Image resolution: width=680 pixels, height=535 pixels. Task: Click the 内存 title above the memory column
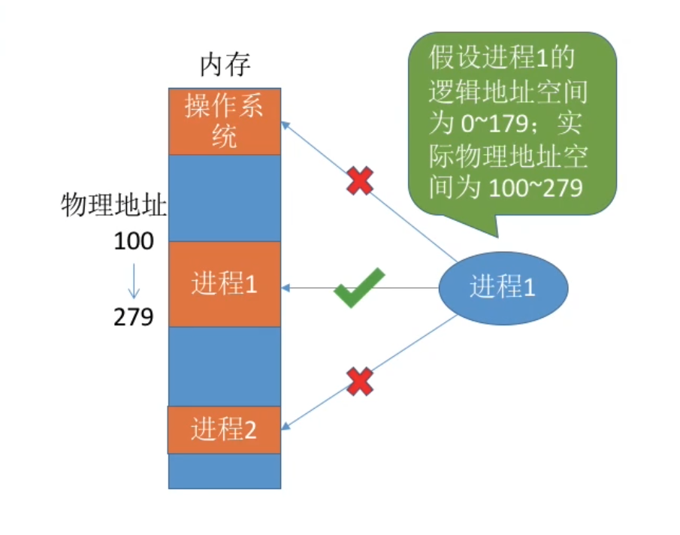(224, 66)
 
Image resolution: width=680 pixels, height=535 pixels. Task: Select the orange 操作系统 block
(224, 122)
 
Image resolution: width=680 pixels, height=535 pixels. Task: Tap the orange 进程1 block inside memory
(224, 284)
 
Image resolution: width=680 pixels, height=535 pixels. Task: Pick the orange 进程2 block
(224, 430)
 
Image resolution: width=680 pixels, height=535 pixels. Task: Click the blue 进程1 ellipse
(503, 287)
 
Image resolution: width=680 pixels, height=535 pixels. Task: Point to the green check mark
(358, 287)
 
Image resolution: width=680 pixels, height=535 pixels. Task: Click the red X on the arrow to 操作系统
(360, 181)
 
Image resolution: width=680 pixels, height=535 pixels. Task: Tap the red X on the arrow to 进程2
(360, 382)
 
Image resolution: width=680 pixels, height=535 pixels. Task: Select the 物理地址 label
(114, 206)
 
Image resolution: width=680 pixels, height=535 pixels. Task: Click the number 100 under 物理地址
(134, 242)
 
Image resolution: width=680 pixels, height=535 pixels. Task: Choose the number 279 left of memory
(134, 317)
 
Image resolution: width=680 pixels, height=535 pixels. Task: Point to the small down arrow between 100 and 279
(133, 280)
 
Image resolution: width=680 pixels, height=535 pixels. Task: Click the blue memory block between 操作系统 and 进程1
(224, 198)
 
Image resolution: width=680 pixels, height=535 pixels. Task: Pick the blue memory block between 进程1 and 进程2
(224, 366)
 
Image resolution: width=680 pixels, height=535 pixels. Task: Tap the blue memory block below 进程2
(224, 471)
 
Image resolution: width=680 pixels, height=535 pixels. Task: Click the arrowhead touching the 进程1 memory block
(286, 288)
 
